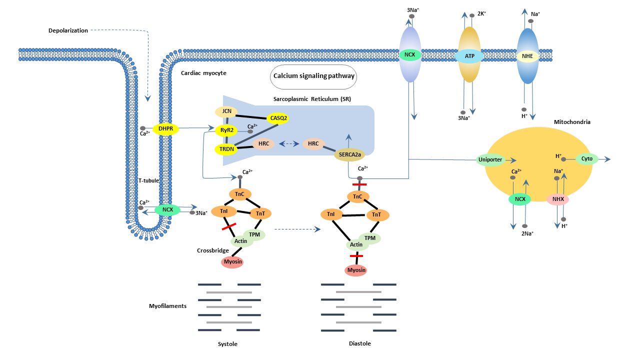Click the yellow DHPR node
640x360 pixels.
click(x=165, y=129)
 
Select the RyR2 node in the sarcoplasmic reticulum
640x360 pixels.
click(x=226, y=131)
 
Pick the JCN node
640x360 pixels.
click(x=226, y=112)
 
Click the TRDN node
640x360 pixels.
click(x=225, y=149)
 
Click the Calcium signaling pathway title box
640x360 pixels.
click(x=313, y=76)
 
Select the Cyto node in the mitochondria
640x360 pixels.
click(x=587, y=159)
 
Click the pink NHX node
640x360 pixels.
click(x=557, y=199)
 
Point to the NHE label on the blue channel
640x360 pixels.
click(x=527, y=56)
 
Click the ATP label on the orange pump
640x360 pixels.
click(x=469, y=56)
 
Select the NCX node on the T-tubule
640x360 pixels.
click(x=167, y=210)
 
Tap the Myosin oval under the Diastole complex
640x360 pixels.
click(x=356, y=270)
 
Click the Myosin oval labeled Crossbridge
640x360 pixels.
click(x=232, y=262)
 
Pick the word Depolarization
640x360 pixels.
click(x=68, y=30)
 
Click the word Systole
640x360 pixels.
click(x=227, y=344)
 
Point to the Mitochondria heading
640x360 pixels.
click(x=572, y=121)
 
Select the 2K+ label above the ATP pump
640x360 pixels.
click(x=481, y=13)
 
